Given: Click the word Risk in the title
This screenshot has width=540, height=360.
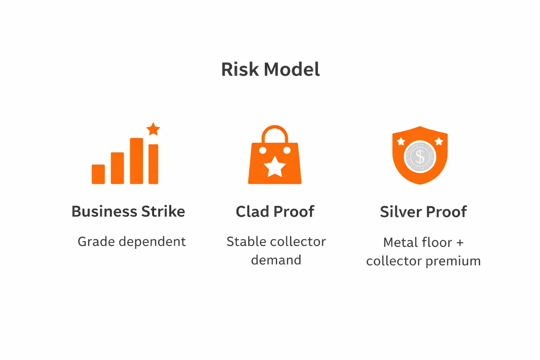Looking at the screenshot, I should (240, 69).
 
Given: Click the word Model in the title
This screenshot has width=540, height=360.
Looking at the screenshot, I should (292, 69).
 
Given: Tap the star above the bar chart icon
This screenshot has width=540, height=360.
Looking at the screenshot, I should (153, 129).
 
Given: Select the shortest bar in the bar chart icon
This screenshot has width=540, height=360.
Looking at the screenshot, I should (98, 174).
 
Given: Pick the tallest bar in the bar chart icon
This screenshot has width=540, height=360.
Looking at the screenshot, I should (136, 161).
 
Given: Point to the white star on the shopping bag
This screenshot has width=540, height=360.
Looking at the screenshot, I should (275, 166).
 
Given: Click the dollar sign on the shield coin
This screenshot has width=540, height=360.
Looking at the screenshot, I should (420, 156).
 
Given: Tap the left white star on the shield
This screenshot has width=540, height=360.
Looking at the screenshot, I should (401, 142).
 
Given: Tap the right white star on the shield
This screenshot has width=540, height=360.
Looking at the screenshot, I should (439, 141).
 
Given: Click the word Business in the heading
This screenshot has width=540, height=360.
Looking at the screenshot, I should (104, 212).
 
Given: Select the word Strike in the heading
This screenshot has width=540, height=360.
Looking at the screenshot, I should (163, 212).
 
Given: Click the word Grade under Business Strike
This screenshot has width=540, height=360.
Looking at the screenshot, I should (96, 242).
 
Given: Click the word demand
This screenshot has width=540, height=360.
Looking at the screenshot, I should (276, 260).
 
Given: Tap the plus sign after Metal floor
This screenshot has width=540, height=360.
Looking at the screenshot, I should (460, 243).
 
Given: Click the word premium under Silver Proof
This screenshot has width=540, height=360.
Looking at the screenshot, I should (453, 261).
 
